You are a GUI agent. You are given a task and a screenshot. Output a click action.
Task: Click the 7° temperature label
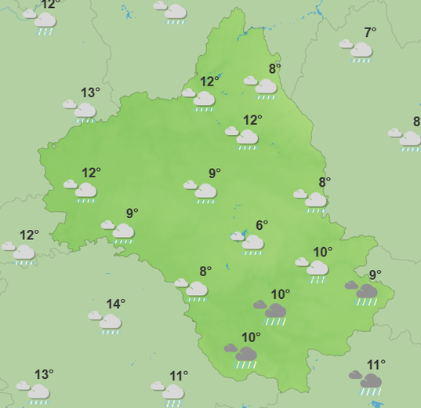tap(370, 32)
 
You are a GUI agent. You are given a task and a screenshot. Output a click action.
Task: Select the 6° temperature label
tap(262, 225)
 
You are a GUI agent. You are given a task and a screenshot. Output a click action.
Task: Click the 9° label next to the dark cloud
tap(375, 275)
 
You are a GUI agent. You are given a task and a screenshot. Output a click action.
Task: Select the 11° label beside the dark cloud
tap(376, 365)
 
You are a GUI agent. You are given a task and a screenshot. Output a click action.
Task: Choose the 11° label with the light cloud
tap(179, 376)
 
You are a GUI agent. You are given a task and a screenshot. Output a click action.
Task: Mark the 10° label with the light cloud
tap(322, 252)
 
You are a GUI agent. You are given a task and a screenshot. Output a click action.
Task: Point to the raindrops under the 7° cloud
tap(361, 60)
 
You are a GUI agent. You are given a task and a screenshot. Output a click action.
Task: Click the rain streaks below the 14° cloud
tap(111, 332)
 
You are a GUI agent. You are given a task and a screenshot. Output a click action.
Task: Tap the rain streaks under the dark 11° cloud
tap(370, 392)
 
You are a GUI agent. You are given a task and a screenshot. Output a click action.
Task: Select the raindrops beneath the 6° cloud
tap(253, 253)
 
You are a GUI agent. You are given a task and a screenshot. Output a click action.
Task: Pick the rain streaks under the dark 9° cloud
tap(366, 302)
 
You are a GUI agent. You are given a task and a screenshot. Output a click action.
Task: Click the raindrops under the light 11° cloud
tap(173, 402)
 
